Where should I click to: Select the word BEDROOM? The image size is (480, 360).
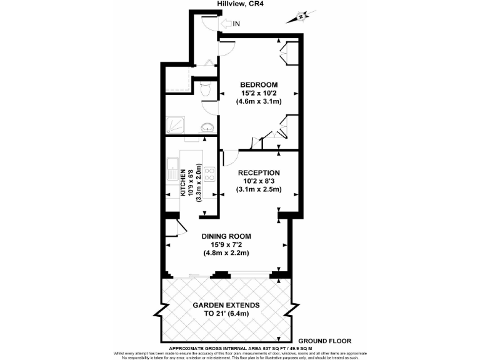pos(259,84)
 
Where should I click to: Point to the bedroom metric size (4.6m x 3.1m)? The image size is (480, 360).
pos(259,102)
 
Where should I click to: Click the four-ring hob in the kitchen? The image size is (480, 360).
pos(210,174)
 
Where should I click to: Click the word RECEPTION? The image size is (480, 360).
pos(259,172)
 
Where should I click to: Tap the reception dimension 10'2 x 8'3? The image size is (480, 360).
pos(259,181)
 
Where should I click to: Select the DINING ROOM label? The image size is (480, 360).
pos(226,236)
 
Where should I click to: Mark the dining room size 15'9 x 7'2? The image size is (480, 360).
pos(226,245)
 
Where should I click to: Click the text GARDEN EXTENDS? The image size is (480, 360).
pos(226,305)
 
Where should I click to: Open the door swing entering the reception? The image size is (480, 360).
pos(229,158)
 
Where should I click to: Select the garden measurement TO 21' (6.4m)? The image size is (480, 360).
pos(226,314)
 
